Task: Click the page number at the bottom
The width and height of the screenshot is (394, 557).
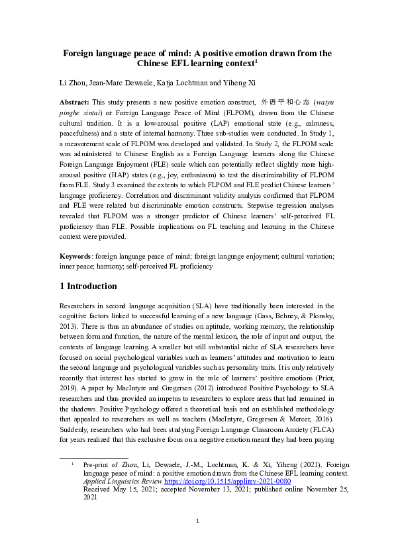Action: pyautogui.click(x=197, y=540)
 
